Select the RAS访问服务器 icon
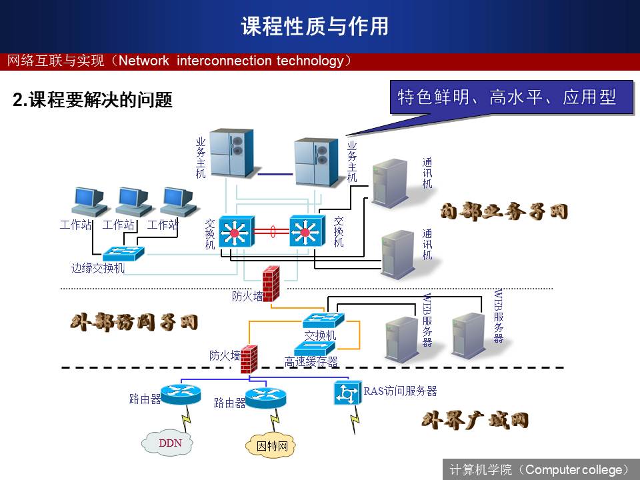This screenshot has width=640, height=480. tap(347, 393)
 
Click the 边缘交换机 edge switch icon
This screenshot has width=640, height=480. tap(124, 253)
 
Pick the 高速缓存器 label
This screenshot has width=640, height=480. tap(311, 362)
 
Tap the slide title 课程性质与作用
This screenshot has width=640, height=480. tap(315, 26)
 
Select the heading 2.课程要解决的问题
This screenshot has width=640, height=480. tap(93, 101)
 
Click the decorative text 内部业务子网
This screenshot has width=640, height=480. tap(504, 212)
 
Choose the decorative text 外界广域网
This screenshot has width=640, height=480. tap(475, 420)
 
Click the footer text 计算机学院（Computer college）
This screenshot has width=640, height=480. tap(539, 469)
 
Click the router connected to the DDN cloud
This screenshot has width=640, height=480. tap(181, 394)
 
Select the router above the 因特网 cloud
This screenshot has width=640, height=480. tap(266, 397)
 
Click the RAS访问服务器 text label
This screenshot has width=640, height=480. tap(400, 391)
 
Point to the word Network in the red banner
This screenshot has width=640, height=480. tap(144, 61)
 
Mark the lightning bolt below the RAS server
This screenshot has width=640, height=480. tap(354, 419)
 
